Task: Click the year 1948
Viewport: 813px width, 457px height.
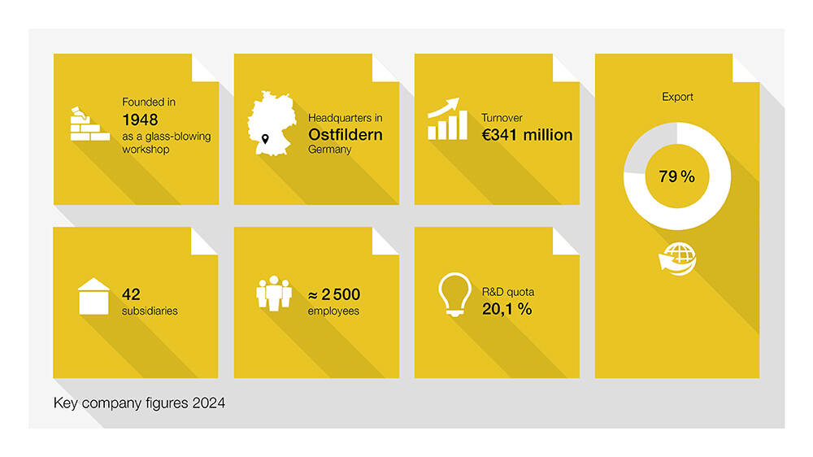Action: (x=140, y=120)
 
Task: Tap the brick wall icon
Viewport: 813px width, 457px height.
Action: (x=89, y=125)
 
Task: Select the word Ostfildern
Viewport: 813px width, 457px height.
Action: (x=345, y=134)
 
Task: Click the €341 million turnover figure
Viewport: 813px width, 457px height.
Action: (x=527, y=135)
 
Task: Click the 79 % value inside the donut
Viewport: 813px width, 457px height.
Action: (x=676, y=176)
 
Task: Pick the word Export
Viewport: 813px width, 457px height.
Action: (x=677, y=97)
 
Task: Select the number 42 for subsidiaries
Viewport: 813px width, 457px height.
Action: (x=131, y=294)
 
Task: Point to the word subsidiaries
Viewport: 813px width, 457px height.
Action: (x=150, y=311)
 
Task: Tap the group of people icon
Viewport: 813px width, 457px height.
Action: (x=274, y=294)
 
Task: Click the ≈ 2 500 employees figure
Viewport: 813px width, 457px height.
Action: (x=333, y=294)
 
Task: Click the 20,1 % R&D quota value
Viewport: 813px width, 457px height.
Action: (x=506, y=308)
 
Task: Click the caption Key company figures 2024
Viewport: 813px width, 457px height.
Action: (x=139, y=403)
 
